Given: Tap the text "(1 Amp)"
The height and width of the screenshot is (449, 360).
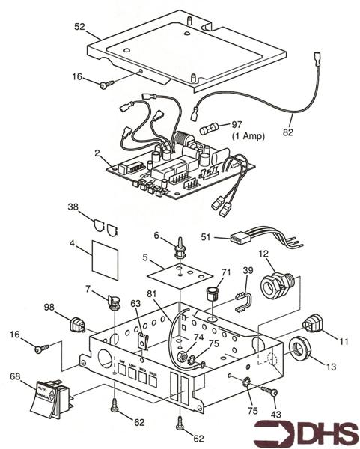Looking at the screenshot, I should (x=248, y=137).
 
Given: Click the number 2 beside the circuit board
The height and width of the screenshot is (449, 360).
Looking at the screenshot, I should (x=97, y=153).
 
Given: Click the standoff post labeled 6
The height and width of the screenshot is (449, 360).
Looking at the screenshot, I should (x=180, y=248).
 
